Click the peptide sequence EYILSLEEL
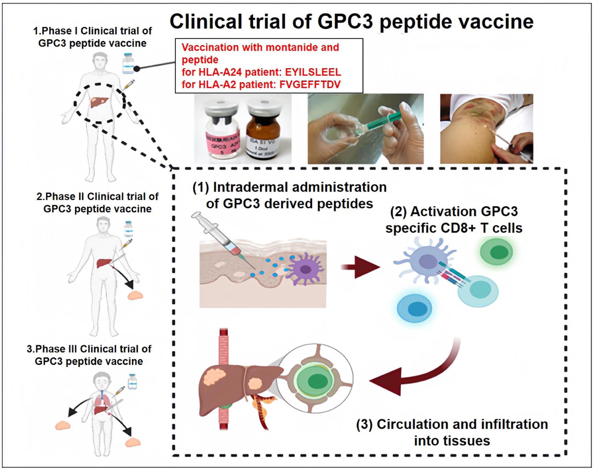pos(313,72)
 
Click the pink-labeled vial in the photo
pos(222,133)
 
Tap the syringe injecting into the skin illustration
pos(221,238)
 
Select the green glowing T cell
pos(496,252)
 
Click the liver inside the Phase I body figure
pos(99,102)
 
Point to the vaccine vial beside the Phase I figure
pos(128,63)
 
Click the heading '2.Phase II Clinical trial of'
pos(97,196)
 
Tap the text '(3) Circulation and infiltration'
pos(452,424)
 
